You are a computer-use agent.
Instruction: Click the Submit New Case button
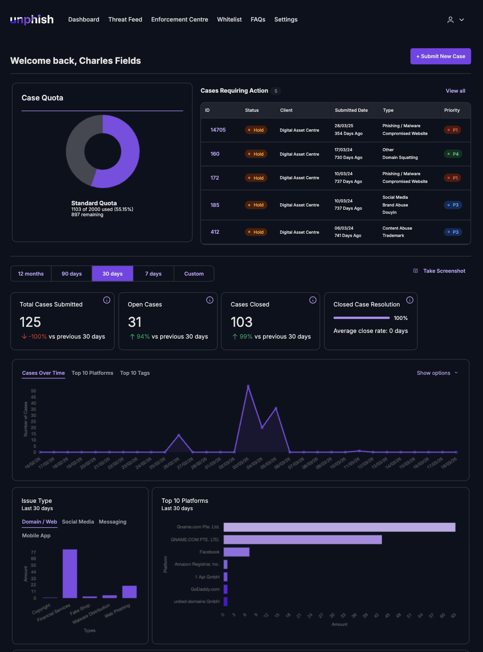click(440, 57)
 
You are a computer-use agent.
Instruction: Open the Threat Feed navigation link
click(125, 20)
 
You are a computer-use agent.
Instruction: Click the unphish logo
click(32, 20)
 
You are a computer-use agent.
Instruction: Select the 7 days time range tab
click(153, 274)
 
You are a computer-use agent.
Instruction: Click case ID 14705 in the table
click(218, 130)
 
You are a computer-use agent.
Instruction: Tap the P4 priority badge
click(453, 154)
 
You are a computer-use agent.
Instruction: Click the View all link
click(455, 91)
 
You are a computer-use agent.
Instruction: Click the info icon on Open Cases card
click(210, 300)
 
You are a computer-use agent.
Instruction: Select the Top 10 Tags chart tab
click(135, 373)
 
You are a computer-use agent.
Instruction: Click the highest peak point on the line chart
click(248, 386)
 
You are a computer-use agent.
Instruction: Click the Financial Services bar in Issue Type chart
click(70, 573)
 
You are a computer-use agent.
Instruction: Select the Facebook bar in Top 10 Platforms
click(236, 552)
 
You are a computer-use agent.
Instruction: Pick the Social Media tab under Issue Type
click(78, 522)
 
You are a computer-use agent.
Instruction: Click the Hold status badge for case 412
click(256, 232)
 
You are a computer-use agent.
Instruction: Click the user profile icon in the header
click(450, 20)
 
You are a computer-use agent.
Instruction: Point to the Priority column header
click(452, 110)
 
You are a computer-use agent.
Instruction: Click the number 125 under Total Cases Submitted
click(30, 322)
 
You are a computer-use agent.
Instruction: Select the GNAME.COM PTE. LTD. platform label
click(195, 539)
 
